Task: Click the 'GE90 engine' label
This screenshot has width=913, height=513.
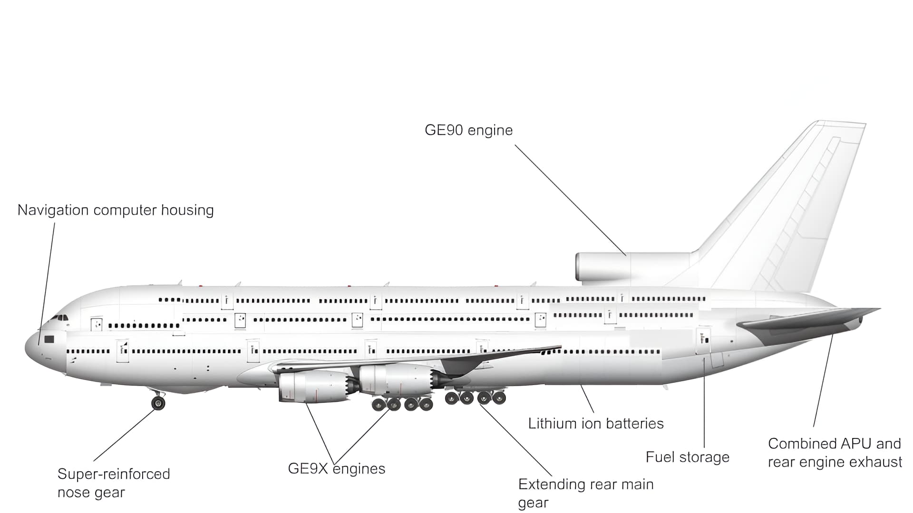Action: [468, 130]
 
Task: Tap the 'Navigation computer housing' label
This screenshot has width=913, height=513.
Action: [116, 210]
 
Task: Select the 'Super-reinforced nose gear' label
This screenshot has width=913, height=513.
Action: [113, 483]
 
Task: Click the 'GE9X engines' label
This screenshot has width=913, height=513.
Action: [336, 469]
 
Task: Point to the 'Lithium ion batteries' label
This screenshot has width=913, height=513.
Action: [595, 423]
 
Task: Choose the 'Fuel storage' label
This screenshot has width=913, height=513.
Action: [687, 457]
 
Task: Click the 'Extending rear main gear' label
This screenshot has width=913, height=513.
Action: [585, 493]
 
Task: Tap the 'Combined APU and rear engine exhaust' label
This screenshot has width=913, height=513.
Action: [835, 453]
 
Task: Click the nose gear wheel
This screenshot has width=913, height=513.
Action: [158, 403]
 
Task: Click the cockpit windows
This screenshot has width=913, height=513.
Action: [60, 317]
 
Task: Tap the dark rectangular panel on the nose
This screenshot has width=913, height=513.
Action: [49, 339]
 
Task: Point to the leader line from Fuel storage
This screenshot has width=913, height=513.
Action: [704, 404]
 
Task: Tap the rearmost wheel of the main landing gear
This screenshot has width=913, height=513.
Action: [499, 398]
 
